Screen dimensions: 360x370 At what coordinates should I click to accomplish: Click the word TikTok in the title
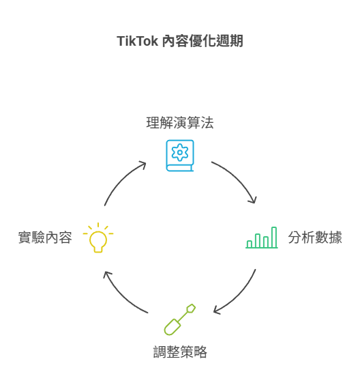click(x=137, y=41)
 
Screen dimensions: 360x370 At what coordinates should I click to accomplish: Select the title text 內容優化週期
click(x=202, y=41)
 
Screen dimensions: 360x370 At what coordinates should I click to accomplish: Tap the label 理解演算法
click(x=180, y=123)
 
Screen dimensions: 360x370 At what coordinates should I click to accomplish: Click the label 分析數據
click(x=315, y=238)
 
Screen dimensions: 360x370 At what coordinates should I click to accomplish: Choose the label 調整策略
click(x=180, y=352)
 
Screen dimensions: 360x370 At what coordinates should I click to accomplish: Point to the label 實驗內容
click(x=45, y=238)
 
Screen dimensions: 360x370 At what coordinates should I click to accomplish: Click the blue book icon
click(x=180, y=156)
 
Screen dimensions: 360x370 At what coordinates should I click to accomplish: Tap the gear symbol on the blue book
click(x=180, y=152)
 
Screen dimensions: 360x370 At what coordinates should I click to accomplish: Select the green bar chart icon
click(x=262, y=238)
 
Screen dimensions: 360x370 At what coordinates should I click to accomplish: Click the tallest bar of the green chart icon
click(x=274, y=237)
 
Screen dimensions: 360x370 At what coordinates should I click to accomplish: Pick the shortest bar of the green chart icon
click(x=250, y=244)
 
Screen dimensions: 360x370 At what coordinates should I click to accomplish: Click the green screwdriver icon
click(x=180, y=319)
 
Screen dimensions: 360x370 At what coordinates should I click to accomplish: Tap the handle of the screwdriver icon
click(x=172, y=327)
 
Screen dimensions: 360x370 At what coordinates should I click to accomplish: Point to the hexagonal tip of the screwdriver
click(x=191, y=309)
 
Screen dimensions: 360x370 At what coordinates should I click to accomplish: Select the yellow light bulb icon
click(x=98, y=238)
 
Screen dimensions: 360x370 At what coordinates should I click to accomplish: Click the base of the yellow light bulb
click(x=98, y=249)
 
